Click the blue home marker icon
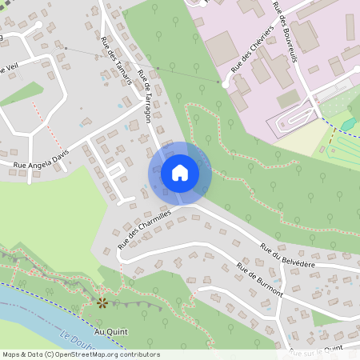(180, 173)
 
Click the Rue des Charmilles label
(145, 230)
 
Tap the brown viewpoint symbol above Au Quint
(102, 303)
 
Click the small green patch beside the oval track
(349, 124)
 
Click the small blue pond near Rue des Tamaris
(121, 105)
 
